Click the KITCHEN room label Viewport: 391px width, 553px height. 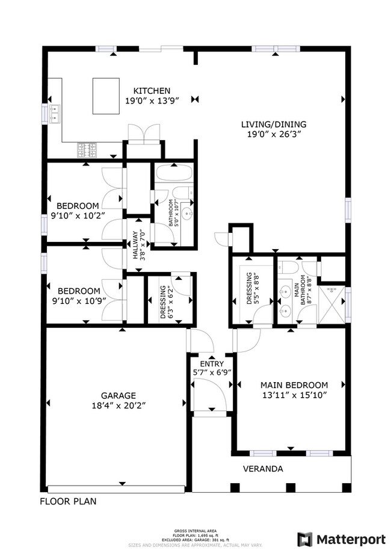click(148, 90)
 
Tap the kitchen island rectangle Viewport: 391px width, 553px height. click(106, 96)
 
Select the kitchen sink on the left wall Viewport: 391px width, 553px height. click(55, 113)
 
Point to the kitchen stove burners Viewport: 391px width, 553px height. click(87, 148)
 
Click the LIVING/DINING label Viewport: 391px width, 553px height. click(270, 125)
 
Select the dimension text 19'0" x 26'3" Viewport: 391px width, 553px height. click(270, 135)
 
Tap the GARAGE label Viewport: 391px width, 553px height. click(117, 395)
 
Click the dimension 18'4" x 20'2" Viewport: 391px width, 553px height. click(117, 406)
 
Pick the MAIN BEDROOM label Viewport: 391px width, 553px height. click(294, 385)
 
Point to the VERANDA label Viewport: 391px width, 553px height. click(263, 469)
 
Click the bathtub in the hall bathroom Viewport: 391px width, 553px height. click(172, 175)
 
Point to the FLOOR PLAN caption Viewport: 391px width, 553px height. click(67, 501)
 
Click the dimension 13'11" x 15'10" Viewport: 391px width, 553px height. click(294, 395)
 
